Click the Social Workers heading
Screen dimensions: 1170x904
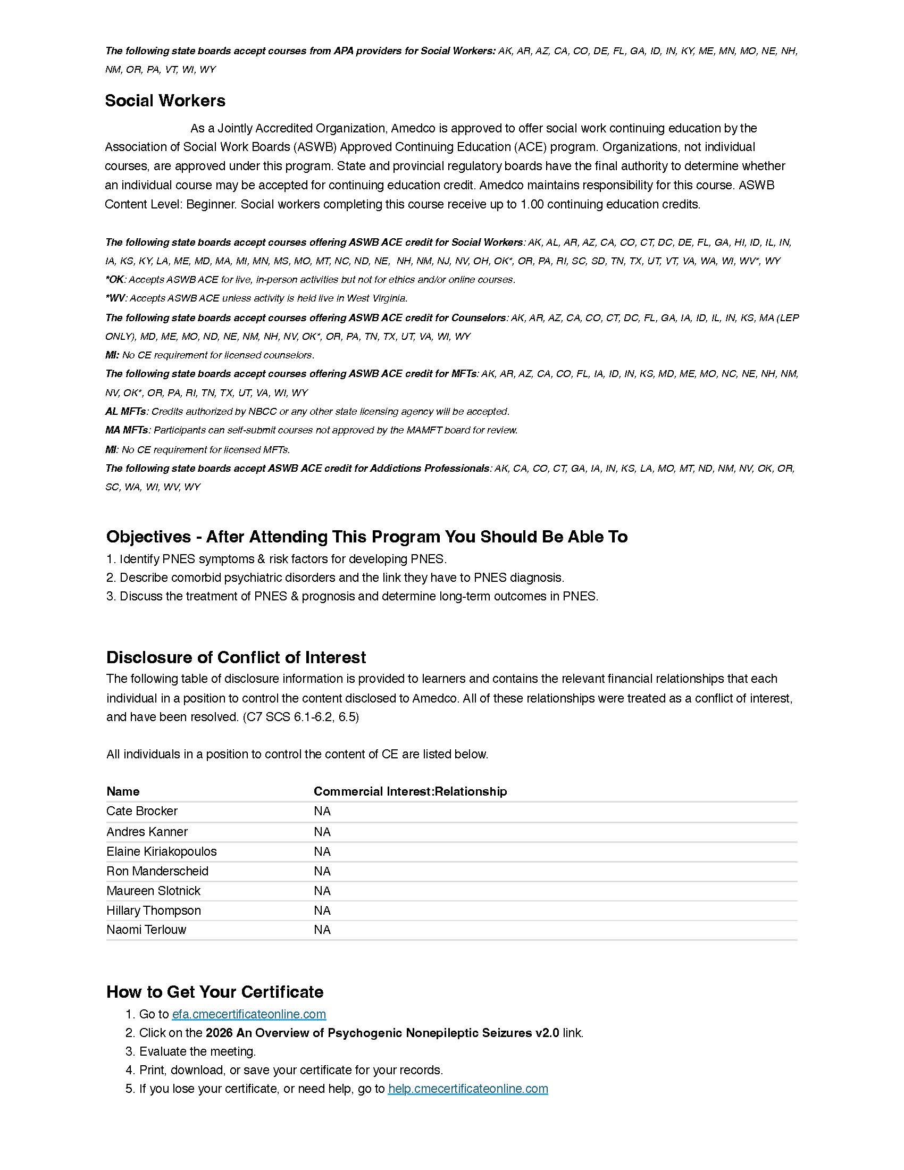[165, 101]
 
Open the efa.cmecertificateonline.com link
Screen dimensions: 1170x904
[248, 1014]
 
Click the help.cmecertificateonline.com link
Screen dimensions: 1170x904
[467, 1089]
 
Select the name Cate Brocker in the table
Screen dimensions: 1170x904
[142, 811]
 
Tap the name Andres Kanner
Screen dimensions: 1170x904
[147, 832]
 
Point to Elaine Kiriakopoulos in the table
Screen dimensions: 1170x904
[161, 851]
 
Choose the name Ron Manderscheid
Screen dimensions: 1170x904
[157, 871]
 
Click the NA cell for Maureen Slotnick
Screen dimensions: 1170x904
[322, 891]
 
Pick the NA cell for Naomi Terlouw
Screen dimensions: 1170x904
[322, 930]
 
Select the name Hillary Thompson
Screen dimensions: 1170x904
[153, 910]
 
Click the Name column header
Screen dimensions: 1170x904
[123, 791]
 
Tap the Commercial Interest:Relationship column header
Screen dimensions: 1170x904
[409, 791]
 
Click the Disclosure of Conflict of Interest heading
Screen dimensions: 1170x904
[236, 657]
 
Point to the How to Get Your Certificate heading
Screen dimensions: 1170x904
[214, 992]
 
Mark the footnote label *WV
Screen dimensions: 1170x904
[115, 298]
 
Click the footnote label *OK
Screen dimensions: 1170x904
[115, 280]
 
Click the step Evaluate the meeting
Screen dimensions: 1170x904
[197, 1051]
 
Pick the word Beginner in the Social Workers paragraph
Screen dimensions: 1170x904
[210, 204]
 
